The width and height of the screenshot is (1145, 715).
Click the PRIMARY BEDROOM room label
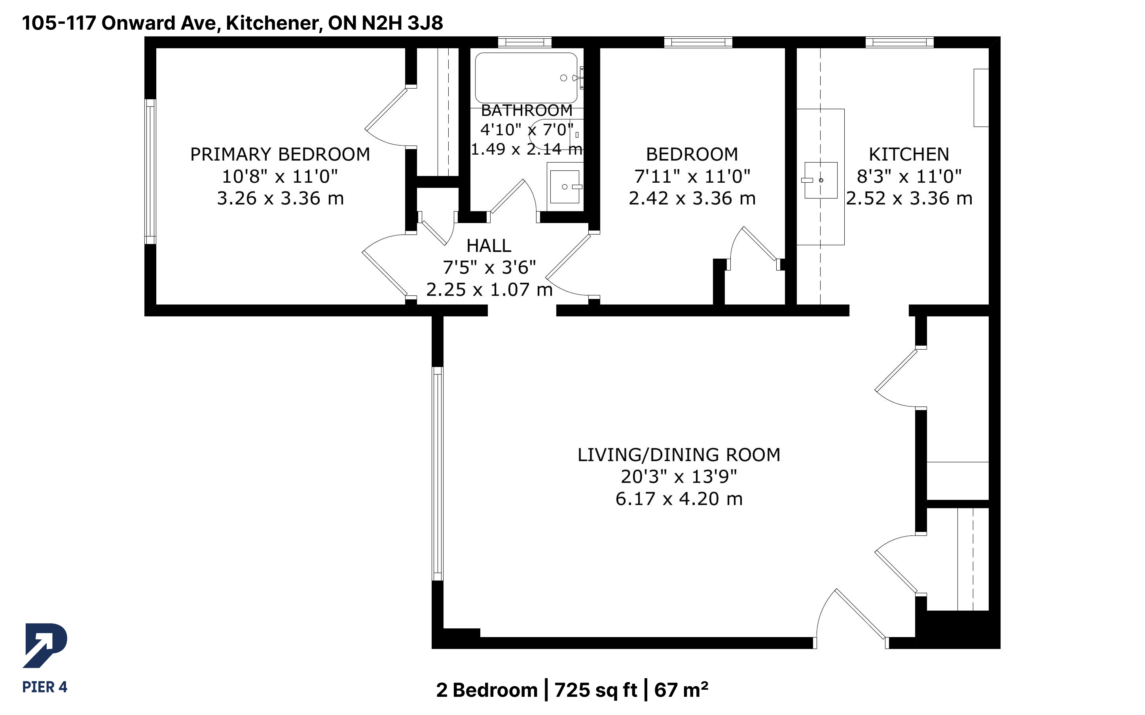point(280,154)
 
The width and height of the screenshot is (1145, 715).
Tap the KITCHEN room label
point(908,154)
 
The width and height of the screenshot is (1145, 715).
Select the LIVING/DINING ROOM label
point(679,455)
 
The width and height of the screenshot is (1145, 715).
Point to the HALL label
point(489,246)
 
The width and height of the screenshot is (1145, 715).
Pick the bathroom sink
point(565,187)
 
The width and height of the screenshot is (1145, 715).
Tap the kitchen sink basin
point(821,180)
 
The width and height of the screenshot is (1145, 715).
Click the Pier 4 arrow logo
point(45,645)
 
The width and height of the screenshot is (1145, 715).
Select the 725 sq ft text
point(595,690)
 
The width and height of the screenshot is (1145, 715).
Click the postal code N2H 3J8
point(402,23)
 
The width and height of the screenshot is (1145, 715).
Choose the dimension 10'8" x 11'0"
point(280,176)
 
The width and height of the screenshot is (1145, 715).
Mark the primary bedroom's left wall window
point(150,171)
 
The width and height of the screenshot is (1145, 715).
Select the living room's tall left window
point(438,474)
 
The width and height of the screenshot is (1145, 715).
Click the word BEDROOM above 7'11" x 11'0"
point(692,154)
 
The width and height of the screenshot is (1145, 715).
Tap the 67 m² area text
point(681,690)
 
